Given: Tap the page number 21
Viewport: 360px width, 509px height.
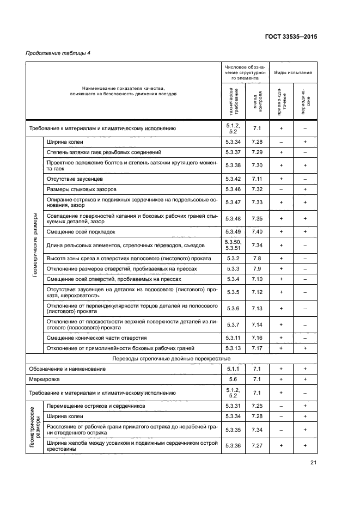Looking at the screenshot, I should coord(313,463).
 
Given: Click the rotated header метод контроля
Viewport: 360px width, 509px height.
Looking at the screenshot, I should coord(258,100).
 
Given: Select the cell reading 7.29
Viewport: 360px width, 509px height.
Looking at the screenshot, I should coord(258,152).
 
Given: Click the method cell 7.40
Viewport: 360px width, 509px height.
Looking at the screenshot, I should coord(258,231).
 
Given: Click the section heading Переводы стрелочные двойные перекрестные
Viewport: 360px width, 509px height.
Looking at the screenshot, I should coord(170,358).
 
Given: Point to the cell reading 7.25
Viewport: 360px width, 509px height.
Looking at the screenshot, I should coord(258,406).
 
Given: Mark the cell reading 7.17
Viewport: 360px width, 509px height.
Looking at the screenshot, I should coord(258,348).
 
